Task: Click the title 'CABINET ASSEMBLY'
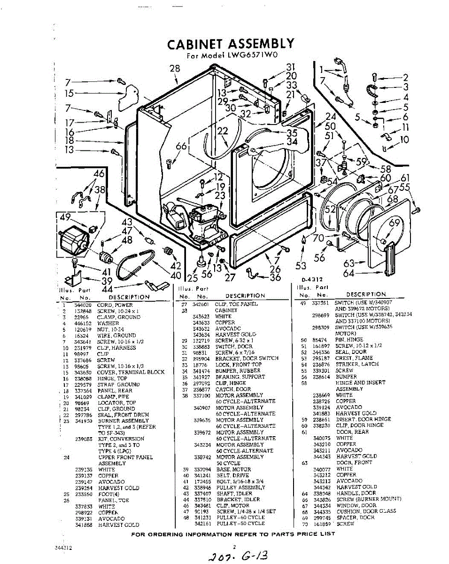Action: point(231,44)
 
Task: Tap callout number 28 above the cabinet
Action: point(175,69)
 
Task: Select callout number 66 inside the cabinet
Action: point(181,147)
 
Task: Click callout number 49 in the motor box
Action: point(65,217)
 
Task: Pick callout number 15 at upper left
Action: point(69,94)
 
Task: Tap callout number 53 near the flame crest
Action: point(301,266)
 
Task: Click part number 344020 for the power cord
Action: point(82,305)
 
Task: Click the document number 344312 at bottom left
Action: point(63,548)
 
